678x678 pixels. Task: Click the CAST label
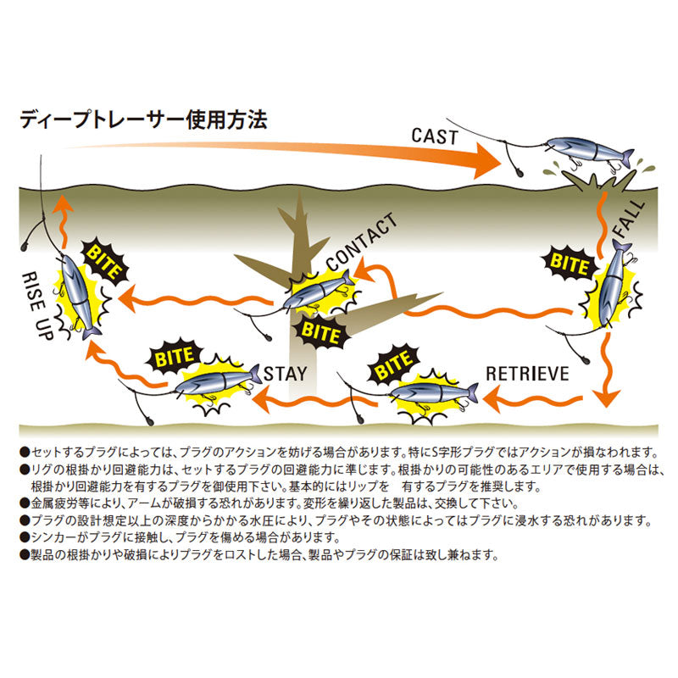[434, 136]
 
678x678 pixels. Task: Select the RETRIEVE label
[527, 374]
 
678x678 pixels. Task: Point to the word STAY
[286, 374]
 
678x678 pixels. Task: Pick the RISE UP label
[38, 305]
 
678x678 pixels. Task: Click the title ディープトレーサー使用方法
[143, 119]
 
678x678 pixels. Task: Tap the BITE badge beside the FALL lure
[569, 263]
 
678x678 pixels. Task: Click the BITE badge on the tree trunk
[320, 332]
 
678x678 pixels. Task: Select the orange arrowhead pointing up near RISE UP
[63, 204]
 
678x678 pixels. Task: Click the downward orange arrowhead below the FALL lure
[608, 398]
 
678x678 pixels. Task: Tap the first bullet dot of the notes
[25, 453]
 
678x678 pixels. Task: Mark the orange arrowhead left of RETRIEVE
[492, 397]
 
